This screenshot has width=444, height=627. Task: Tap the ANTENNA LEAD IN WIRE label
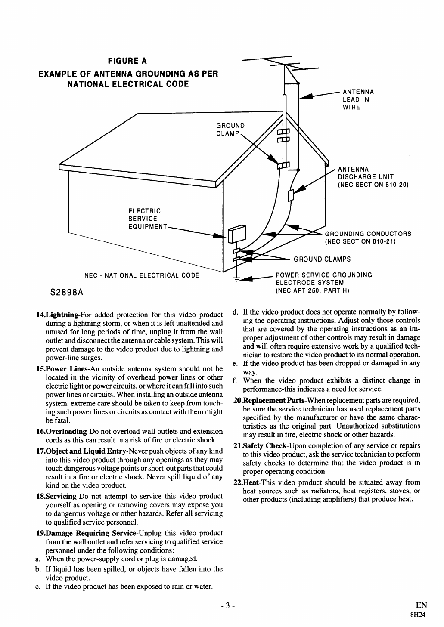[x=358, y=99]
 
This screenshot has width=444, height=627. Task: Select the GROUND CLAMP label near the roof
[x=230, y=129]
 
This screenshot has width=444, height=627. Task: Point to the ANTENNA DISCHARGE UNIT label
[x=373, y=177]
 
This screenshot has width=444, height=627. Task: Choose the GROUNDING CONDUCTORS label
[x=368, y=237]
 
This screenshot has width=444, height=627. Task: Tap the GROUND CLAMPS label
[x=322, y=259]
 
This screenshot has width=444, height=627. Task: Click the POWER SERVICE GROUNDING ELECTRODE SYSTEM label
[x=323, y=282]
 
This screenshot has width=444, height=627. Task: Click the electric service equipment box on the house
[x=236, y=235]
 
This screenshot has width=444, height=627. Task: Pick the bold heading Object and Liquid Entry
[x=81, y=451]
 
